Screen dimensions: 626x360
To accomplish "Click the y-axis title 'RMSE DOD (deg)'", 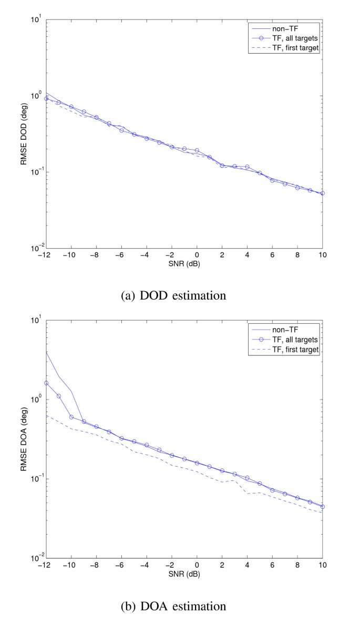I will tap(24, 134).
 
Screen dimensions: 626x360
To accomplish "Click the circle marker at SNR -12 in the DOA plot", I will tap(46, 383).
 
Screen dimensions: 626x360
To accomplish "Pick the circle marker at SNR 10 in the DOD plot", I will tap(323, 193).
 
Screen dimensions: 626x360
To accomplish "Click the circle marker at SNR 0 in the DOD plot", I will tap(197, 150).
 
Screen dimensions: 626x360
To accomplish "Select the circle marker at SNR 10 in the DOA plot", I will tap(323, 507).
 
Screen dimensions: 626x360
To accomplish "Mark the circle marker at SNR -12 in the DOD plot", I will tap(46, 98).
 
